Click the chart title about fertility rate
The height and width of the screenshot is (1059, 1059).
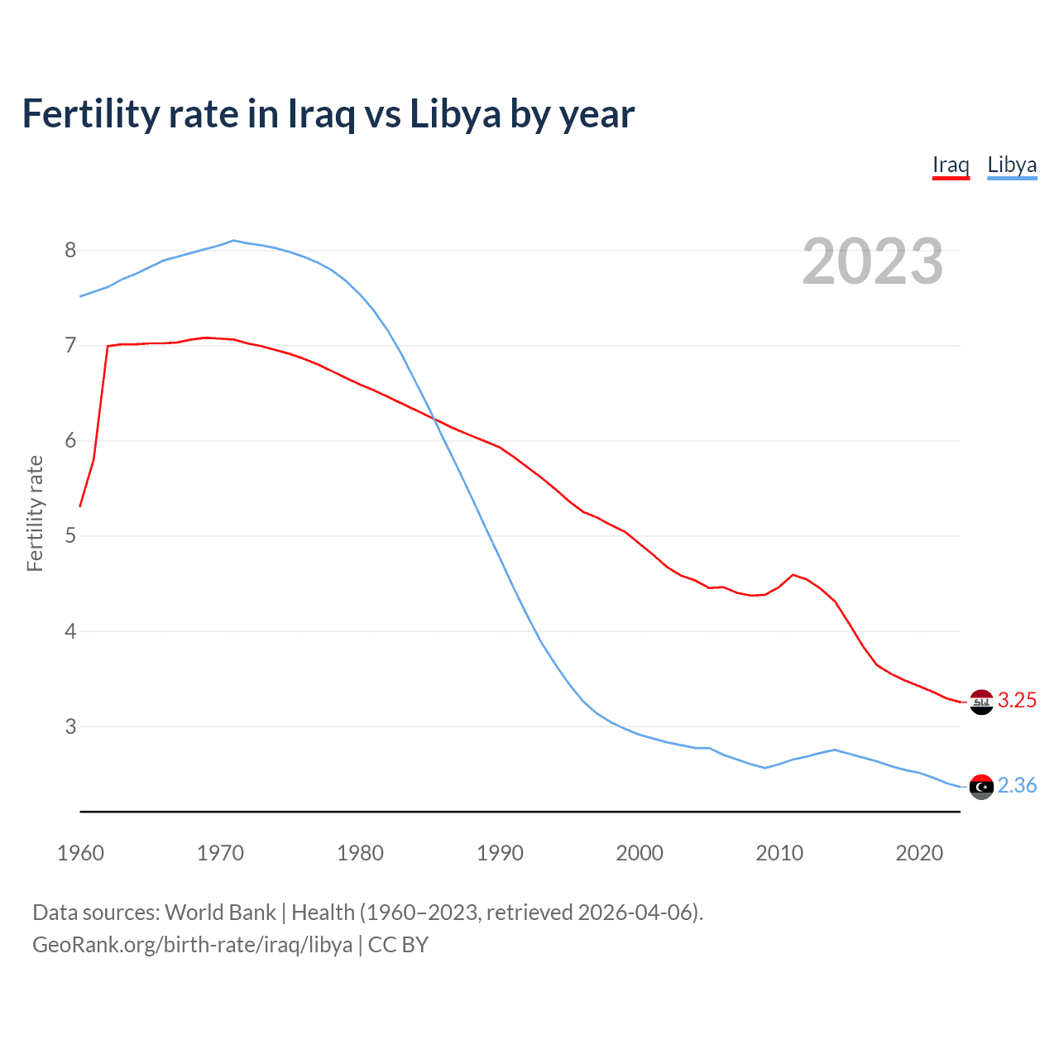(328, 114)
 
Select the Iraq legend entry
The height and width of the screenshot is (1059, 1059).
(951, 165)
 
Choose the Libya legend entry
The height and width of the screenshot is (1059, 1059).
(1012, 165)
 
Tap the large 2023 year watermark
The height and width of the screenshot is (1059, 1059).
(872, 261)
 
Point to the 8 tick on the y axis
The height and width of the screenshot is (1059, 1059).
(70, 251)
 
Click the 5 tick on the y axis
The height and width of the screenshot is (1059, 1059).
(70, 536)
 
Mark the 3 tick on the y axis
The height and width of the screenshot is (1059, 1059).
(70, 726)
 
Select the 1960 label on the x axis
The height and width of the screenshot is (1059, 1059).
(80, 853)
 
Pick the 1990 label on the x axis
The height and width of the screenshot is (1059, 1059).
(500, 853)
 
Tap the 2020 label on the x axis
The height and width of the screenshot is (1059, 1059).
(919, 853)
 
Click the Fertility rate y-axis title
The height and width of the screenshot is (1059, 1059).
(35, 513)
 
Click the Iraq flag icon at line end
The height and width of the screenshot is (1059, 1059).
(981, 702)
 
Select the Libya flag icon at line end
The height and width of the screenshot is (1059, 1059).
(981, 787)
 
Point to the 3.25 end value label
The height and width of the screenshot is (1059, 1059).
(1017, 701)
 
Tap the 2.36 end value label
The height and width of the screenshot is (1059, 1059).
(1017, 786)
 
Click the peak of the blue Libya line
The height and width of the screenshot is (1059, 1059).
(233, 241)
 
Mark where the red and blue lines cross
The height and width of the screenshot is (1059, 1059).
(434, 419)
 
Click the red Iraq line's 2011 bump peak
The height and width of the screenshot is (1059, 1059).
(793, 574)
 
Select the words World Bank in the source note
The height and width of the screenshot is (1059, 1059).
(220, 913)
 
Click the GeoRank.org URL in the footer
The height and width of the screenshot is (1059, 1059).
(192, 945)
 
